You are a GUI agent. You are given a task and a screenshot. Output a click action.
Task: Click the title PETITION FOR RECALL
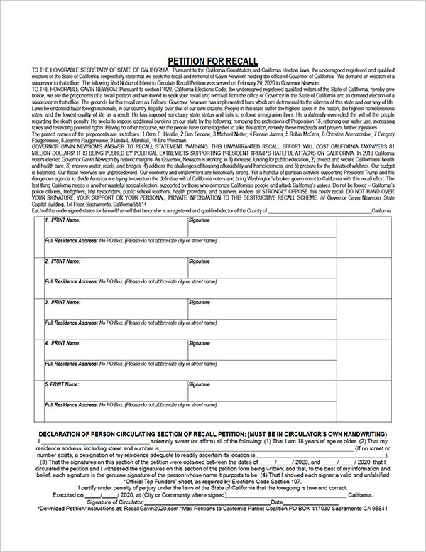(213, 61)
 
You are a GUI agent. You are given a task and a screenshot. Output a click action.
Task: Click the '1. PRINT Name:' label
(62, 221)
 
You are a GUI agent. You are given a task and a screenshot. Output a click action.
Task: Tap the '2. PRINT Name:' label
(62, 261)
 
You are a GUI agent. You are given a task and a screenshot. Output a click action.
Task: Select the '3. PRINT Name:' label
(62, 302)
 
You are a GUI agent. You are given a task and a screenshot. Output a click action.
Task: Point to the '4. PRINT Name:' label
(62, 343)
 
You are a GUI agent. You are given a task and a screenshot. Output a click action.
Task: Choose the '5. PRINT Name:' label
(62, 384)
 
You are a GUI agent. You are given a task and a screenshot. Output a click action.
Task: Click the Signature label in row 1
(200, 221)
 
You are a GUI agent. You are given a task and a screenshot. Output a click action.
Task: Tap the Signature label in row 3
(200, 302)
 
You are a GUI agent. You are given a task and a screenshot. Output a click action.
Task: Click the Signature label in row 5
(200, 384)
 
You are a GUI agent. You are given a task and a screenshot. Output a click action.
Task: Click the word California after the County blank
(381, 211)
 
